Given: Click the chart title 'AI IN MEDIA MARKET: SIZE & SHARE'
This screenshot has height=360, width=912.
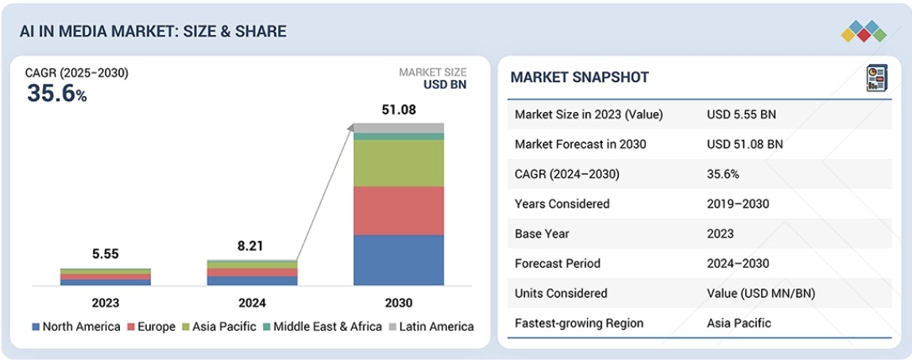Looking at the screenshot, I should click(153, 31).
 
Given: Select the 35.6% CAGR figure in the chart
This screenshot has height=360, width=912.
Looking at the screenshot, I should click(56, 93).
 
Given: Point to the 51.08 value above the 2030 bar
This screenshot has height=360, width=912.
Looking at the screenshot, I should click(399, 110).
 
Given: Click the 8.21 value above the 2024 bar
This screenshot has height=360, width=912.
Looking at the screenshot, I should click(252, 246).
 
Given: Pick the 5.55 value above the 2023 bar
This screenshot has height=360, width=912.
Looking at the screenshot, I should click(105, 254).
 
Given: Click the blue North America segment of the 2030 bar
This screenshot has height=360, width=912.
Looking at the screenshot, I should click(399, 260).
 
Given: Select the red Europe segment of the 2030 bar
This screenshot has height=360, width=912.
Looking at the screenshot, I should click(399, 211).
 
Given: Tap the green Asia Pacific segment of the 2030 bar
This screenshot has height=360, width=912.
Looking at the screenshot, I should click(399, 163).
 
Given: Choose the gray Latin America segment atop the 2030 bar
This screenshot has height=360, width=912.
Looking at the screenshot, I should click(399, 128).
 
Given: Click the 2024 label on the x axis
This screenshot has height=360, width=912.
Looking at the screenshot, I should click(252, 303).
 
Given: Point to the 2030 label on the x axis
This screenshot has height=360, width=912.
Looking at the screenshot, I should click(399, 303).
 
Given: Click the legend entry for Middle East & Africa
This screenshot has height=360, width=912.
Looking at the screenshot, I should click(322, 327).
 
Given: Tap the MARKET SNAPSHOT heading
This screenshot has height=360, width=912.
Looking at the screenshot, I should click(579, 77).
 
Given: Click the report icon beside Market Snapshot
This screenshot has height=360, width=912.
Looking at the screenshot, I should click(876, 78).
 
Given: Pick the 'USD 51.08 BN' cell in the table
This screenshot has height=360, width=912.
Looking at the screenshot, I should click(744, 144).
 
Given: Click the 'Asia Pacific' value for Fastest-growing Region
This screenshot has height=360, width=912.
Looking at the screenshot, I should click(739, 323).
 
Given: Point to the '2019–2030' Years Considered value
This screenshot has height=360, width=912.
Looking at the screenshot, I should click(737, 203).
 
